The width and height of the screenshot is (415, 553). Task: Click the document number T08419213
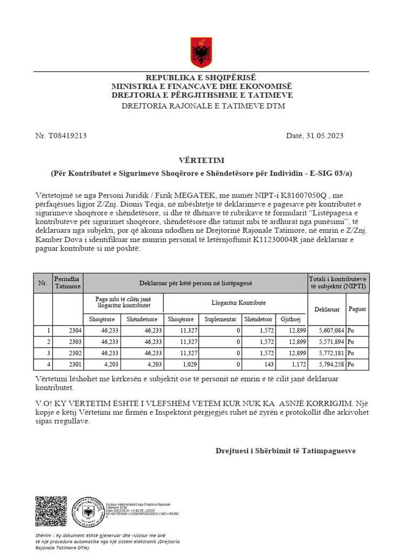click(68, 136)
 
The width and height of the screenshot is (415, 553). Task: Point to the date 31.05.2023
click(323, 136)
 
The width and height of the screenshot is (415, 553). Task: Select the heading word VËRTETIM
click(202, 160)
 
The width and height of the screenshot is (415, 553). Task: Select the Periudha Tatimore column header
click(68, 282)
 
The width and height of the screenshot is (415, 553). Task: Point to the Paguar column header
click(357, 309)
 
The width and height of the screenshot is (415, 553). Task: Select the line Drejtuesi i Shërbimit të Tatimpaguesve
click(285, 450)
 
